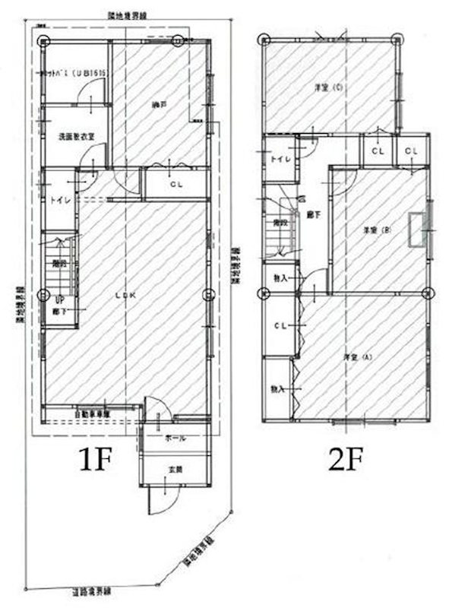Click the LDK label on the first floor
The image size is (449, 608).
click(x=121, y=296)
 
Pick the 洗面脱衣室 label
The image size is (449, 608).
click(x=76, y=137)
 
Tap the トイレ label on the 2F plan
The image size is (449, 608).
click(x=278, y=159)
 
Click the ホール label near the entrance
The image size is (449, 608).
click(x=175, y=439)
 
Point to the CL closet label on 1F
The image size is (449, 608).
click(x=175, y=184)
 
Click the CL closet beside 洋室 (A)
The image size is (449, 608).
click(x=280, y=326)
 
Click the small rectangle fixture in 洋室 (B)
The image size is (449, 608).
click(x=416, y=230)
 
